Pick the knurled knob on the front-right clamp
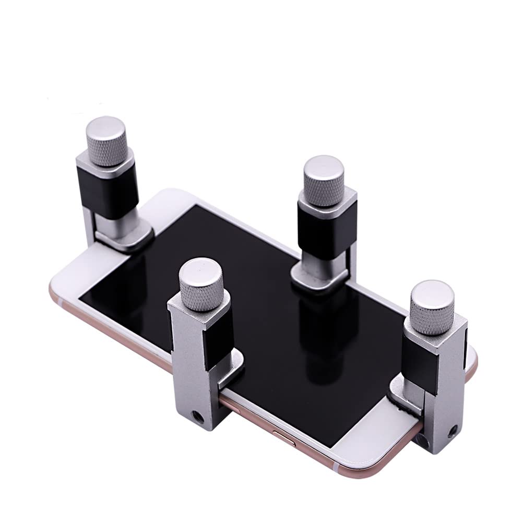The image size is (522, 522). click(x=432, y=307)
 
